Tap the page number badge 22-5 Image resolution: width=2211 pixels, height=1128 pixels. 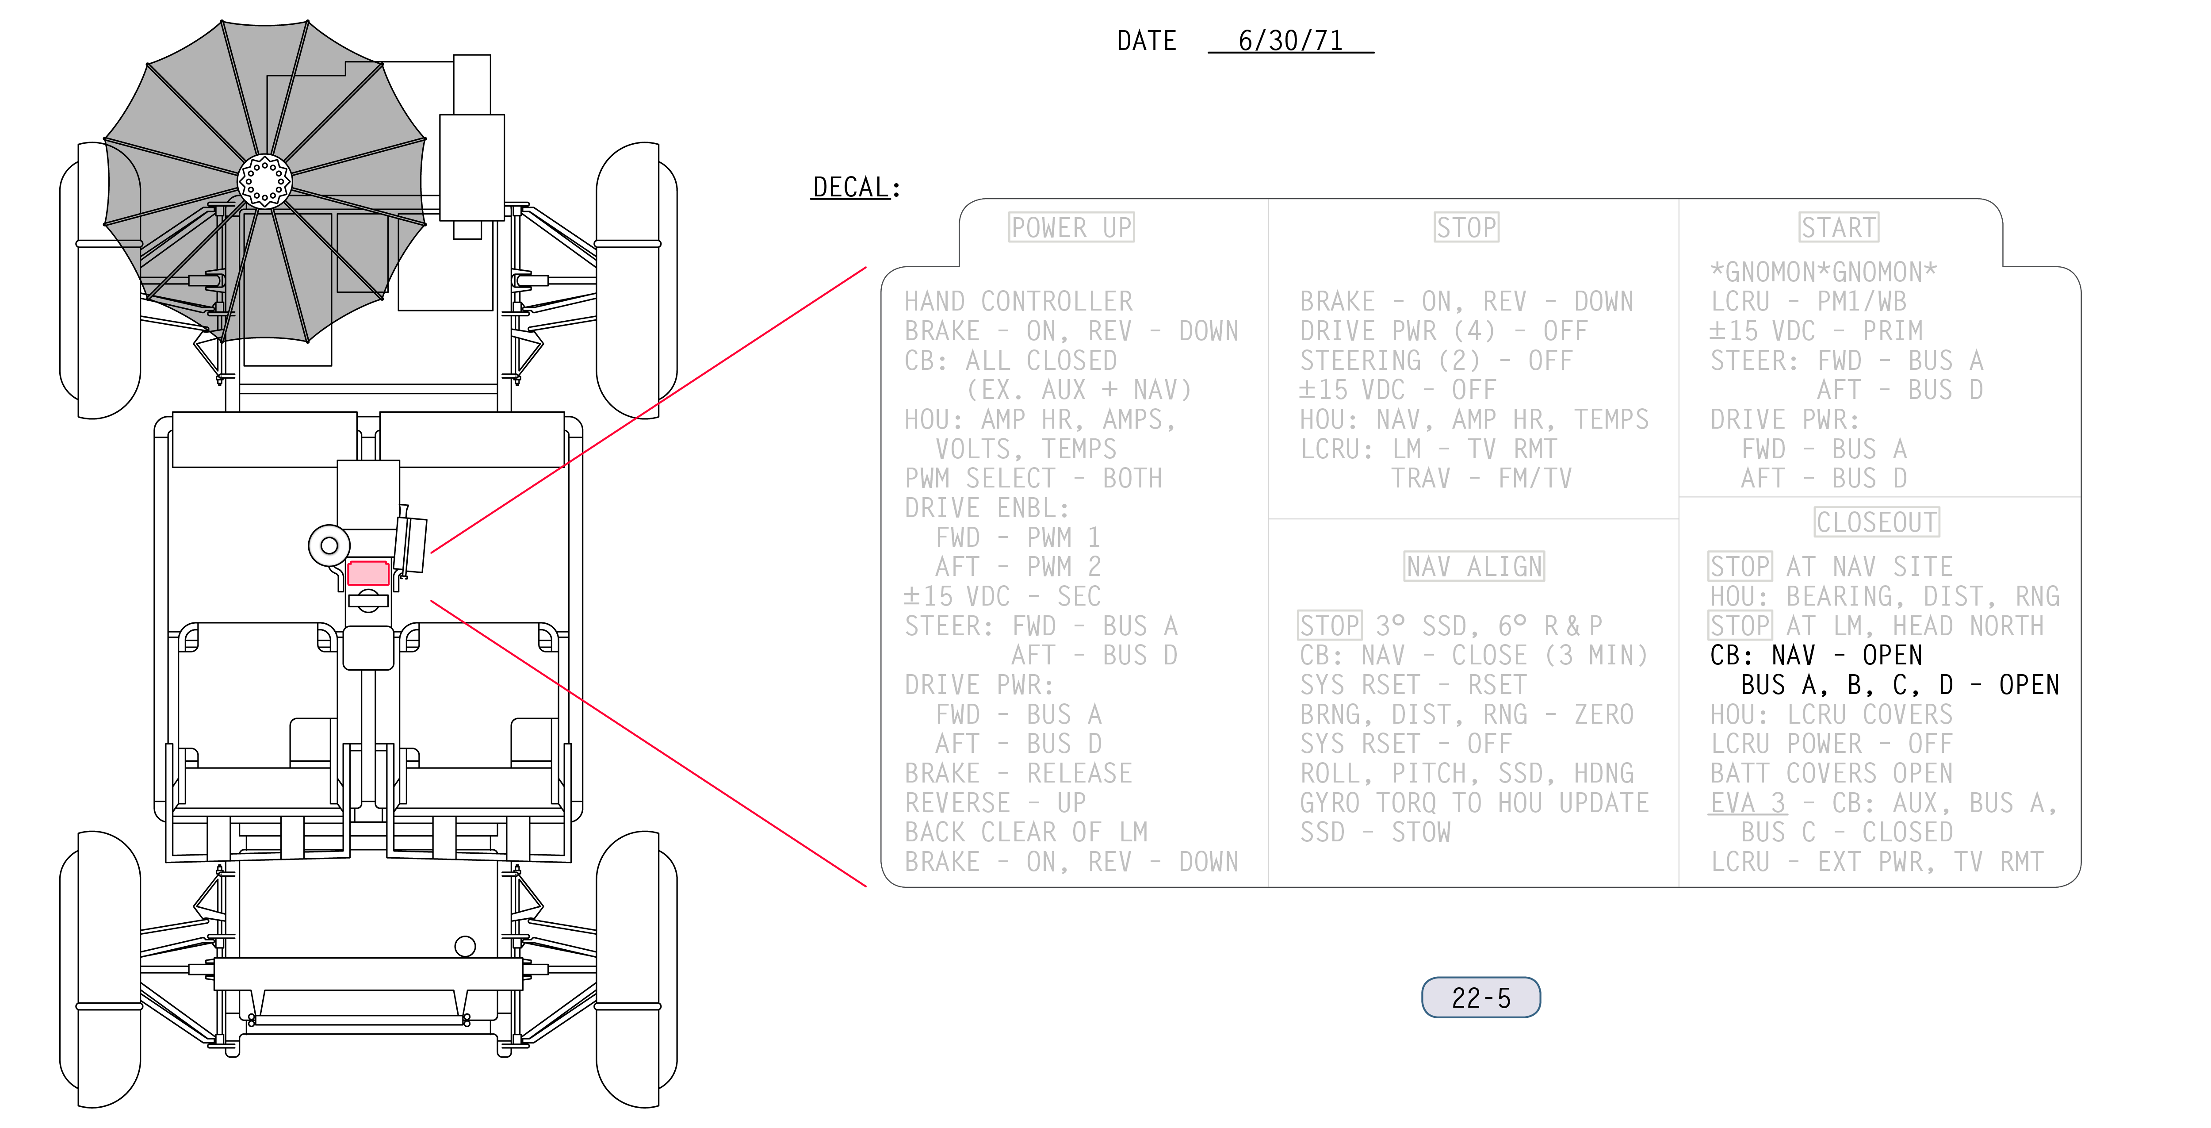coord(1480,998)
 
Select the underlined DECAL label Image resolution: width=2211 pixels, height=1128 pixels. coord(851,187)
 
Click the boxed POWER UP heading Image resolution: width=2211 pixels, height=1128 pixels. coord(1071,227)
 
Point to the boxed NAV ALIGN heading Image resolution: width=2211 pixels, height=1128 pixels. coord(1474,567)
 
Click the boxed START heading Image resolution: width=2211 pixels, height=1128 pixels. coord(1839,227)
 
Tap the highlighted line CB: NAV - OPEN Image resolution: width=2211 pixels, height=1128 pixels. coord(1815,655)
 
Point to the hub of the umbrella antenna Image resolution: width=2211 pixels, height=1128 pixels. coord(264,181)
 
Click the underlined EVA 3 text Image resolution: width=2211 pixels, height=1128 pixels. coord(1748,802)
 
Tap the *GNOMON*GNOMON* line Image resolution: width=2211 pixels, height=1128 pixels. coord(1823,272)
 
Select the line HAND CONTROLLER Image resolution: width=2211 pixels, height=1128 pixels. coord(1019,301)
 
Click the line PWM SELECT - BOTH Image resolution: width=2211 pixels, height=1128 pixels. coord(1033,478)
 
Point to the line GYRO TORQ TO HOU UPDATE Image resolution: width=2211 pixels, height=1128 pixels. coord(1474,802)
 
